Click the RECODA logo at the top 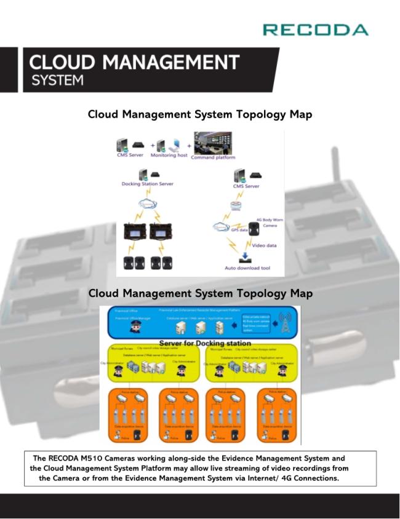click(315, 30)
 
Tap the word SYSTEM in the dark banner click(57, 81)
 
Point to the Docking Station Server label click(148, 184)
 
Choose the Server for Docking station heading click(205, 343)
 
